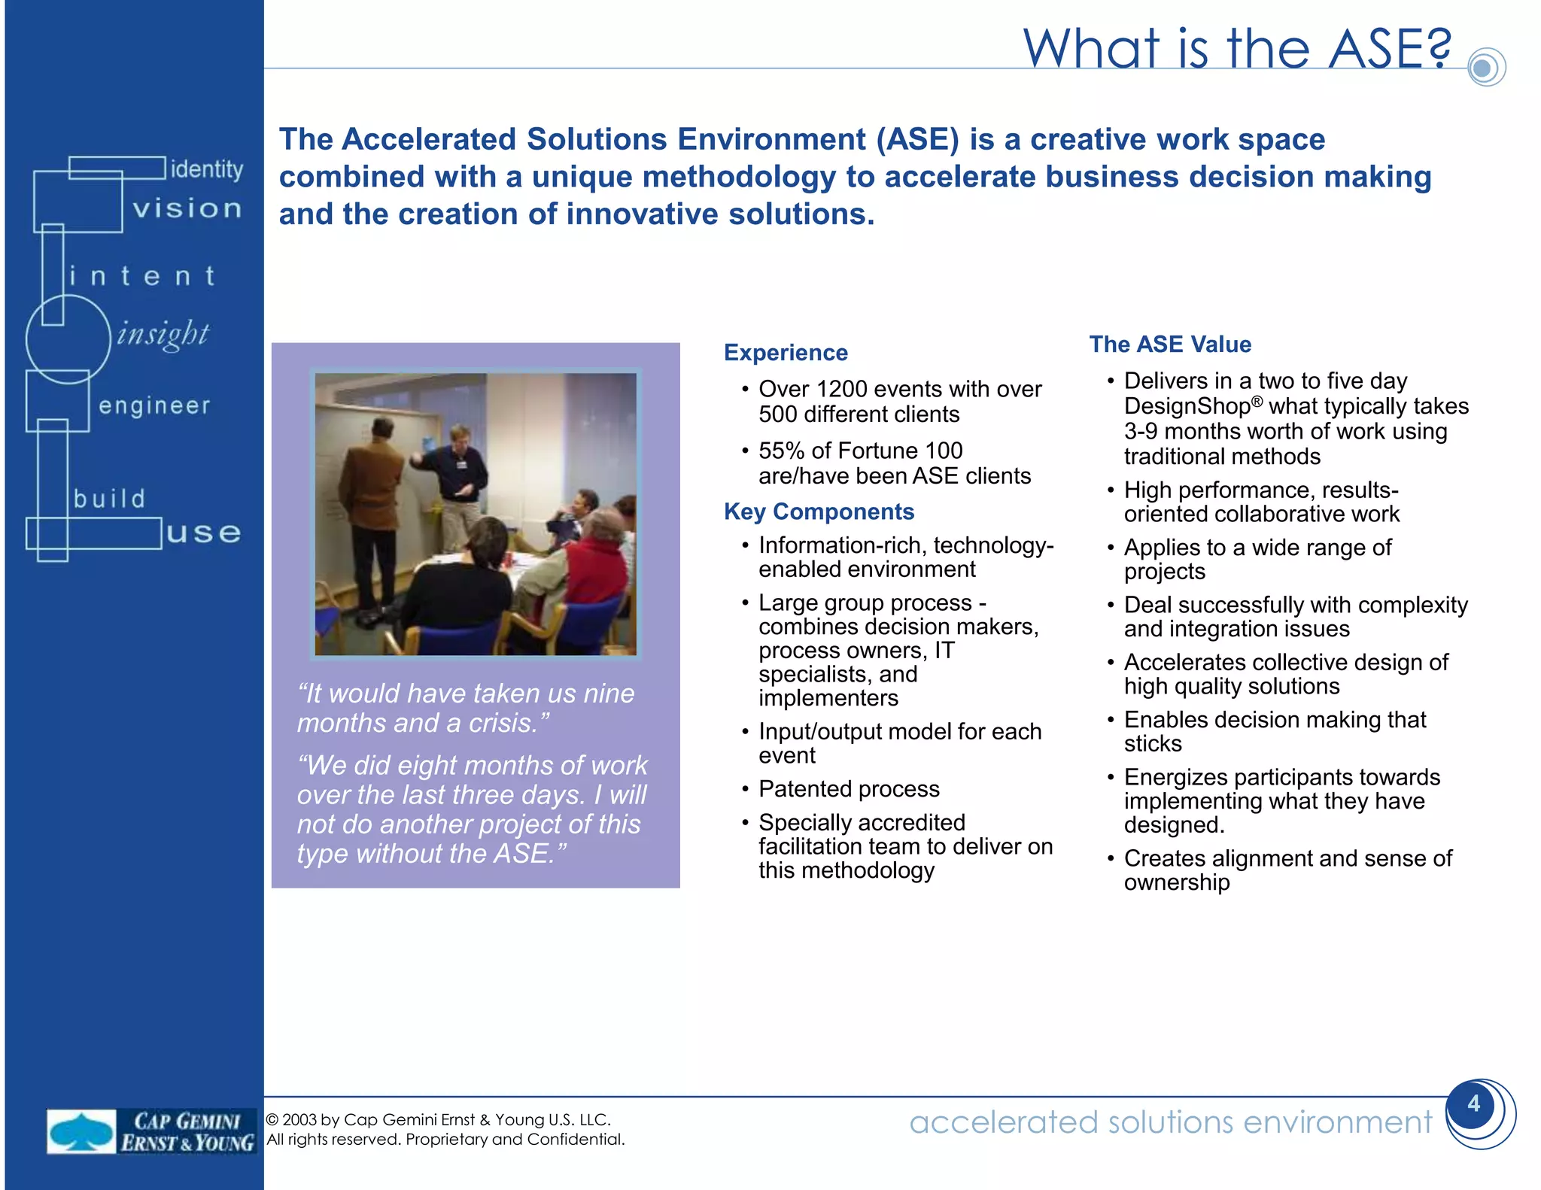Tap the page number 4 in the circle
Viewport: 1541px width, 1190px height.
(x=1473, y=1103)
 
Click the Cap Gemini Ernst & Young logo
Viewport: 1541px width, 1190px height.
(x=150, y=1131)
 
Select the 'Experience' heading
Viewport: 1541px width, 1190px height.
(x=786, y=353)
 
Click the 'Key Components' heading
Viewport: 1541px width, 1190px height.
(x=819, y=512)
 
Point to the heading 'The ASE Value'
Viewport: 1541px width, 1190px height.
(x=1170, y=345)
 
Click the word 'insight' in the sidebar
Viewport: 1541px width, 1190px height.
(x=163, y=333)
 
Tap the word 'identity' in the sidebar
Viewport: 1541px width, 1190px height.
(x=207, y=169)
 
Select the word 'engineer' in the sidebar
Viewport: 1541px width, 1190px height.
(x=154, y=405)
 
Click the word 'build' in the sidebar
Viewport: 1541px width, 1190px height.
(x=110, y=499)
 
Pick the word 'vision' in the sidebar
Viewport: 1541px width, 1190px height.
(x=187, y=208)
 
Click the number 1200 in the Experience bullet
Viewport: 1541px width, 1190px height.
(x=841, y=389)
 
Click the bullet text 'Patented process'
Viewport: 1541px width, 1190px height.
(x=849, y=789)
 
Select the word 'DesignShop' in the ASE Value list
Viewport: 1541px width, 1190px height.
(x=1187, y=407)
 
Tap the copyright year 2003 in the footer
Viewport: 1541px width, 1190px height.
(x=299, y=1120)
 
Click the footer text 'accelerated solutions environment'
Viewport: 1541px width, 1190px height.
(x=1170, y=1122)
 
